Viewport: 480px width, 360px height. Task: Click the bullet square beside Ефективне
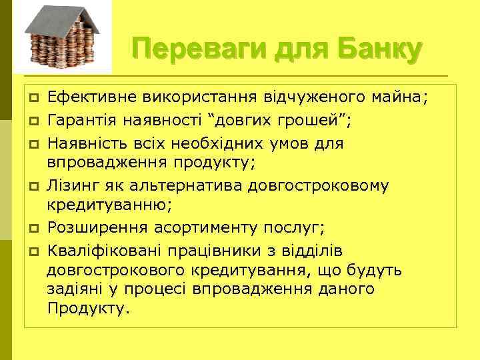coord(31,99)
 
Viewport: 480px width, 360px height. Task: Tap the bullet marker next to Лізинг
coord(31,185)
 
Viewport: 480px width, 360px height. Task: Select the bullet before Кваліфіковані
coord(31,250)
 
